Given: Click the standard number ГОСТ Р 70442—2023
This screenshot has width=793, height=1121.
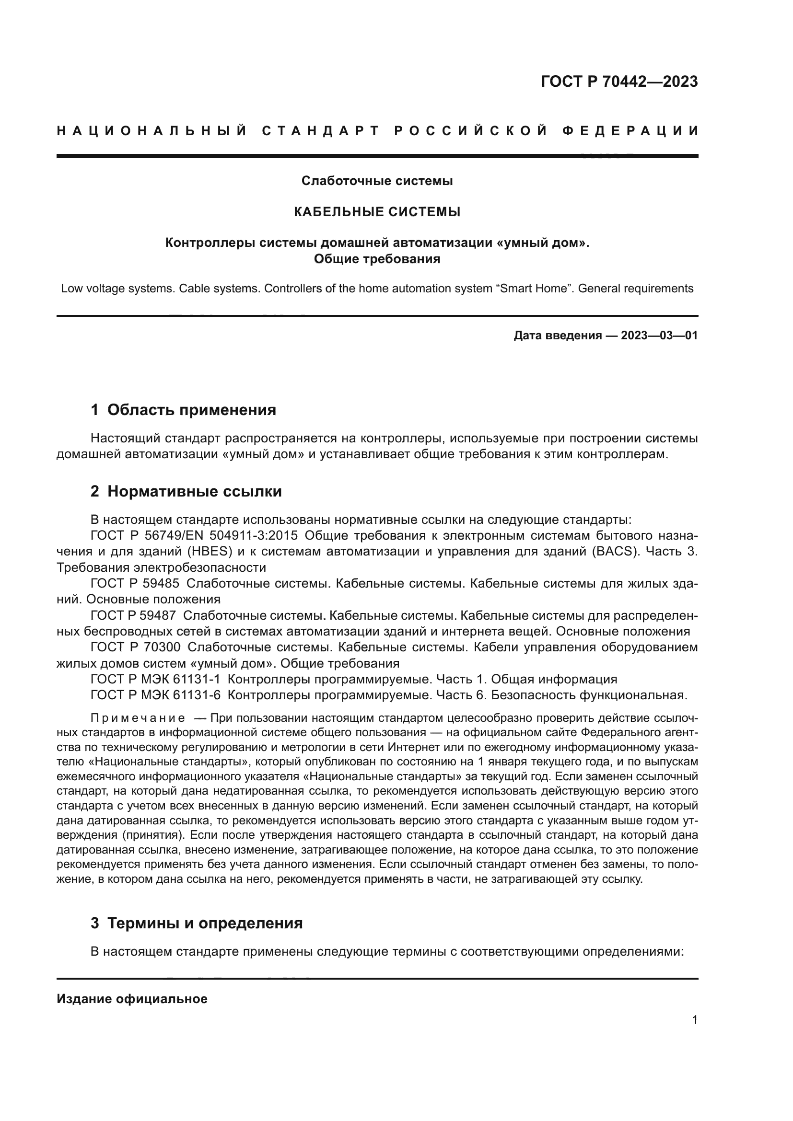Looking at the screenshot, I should click(619, 81).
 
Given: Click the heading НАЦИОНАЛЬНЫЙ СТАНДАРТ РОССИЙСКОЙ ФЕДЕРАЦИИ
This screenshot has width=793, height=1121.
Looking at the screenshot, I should click(377, 131).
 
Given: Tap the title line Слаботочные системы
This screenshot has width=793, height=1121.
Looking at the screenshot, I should click(377, 181).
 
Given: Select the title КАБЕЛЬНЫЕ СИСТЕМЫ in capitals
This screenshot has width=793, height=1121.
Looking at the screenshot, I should click(377, 212).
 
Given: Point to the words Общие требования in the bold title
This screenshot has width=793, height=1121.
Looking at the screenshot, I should click(377, 259).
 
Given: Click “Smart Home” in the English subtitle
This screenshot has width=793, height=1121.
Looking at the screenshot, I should click(534, 289).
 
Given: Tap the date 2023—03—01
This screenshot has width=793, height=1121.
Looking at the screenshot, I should click(659, 335).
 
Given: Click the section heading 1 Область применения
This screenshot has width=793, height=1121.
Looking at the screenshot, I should click(183, 410).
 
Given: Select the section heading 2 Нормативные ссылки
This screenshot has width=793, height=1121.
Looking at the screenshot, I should click(186, 491).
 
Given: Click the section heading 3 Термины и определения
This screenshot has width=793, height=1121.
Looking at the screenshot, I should click(196, 923).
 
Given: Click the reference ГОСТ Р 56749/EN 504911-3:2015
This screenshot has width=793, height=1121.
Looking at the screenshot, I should click(194, 536).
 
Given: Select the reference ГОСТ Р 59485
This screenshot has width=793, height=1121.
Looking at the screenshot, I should click(135, 583).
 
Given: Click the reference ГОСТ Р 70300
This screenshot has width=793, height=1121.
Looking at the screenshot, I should click(135, 647).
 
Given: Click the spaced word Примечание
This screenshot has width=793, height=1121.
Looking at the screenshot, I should click(138, 718).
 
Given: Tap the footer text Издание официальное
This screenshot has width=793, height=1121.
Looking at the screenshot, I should click(132, 999).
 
